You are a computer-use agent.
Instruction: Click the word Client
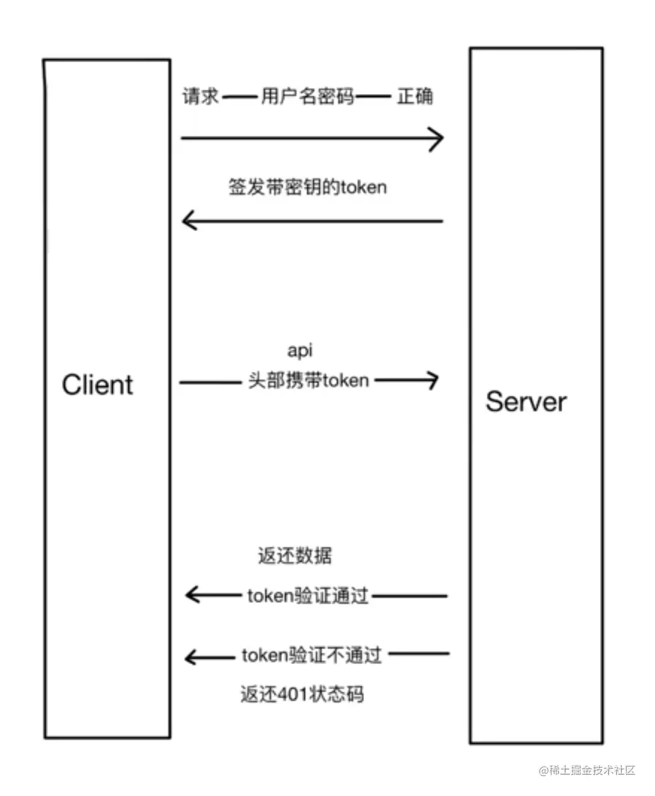click(x=97, y=385)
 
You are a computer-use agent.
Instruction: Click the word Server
click(x=526, y=402)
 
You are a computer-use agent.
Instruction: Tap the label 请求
click(x=201, y=96)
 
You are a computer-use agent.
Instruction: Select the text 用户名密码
click(x=307, y=96)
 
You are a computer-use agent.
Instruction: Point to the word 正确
click(x=415, y=96)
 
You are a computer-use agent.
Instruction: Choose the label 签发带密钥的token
click(x=307, y=187)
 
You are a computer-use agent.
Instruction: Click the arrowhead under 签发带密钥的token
click(x=188, y=221)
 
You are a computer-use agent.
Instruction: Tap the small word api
click(x=299, y=350)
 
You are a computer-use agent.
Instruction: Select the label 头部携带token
click(x=309, y=381)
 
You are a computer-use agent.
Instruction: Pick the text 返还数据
click(x=295, y=555)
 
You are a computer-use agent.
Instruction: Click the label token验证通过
click(x=308, y=596)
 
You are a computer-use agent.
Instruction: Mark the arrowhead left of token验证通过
click(x=191, y=595)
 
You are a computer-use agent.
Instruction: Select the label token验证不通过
click(x=312, y=655)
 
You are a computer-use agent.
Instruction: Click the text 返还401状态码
click(x=302, y=694)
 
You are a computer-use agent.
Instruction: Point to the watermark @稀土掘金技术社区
click(x=588, y=770)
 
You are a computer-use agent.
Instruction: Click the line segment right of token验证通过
click(x=410, y=596)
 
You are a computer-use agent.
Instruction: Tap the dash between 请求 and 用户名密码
click(x=239, y=96)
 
